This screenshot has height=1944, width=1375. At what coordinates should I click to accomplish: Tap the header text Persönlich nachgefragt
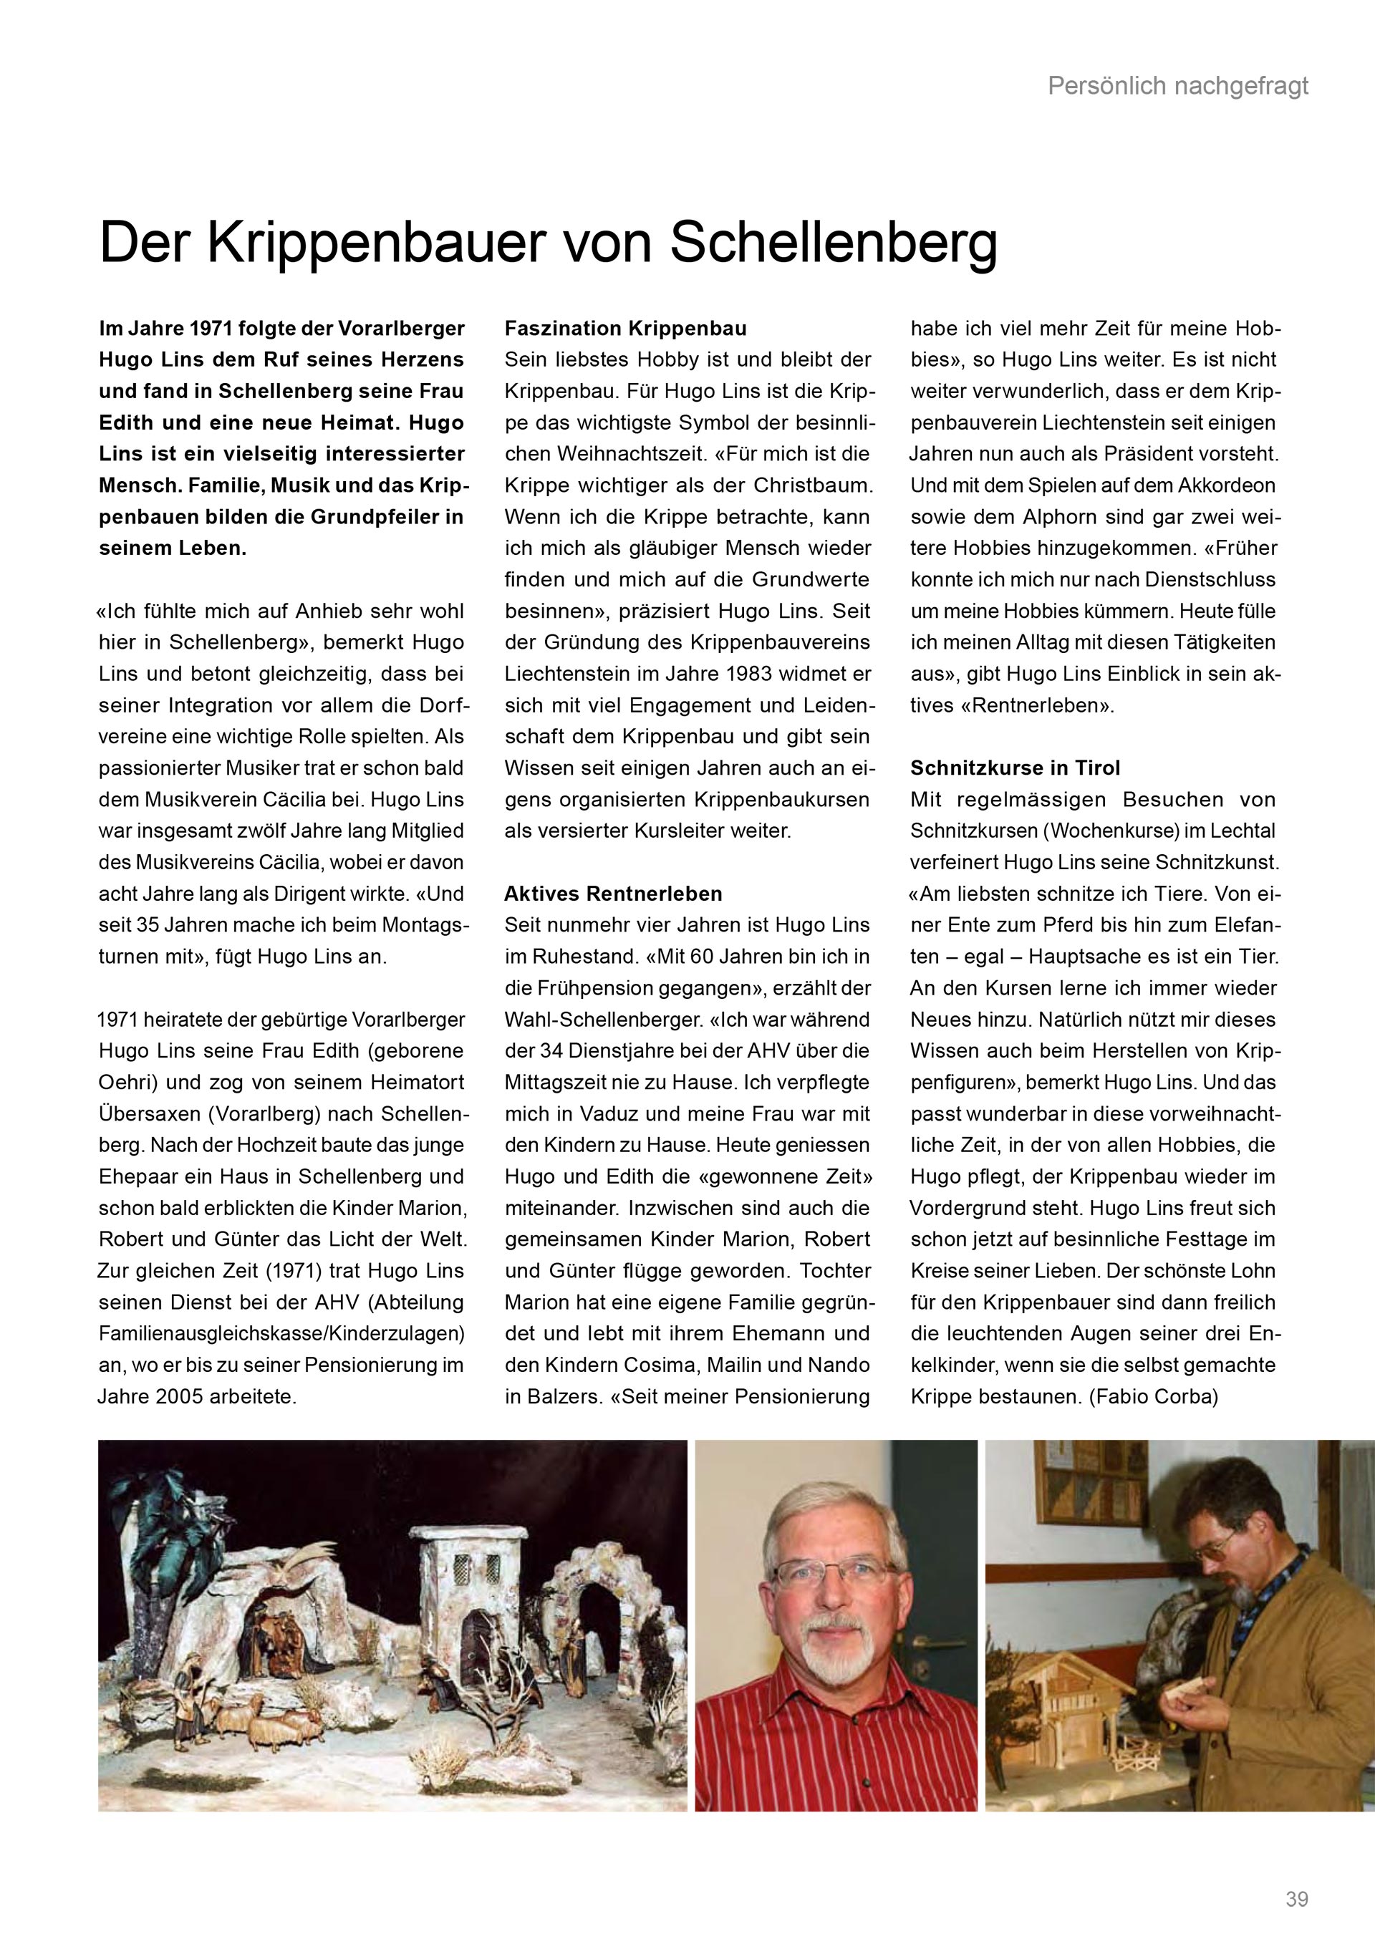click(x=1178, y=85)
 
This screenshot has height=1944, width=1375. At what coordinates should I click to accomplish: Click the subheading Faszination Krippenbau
click(x=626, y=329)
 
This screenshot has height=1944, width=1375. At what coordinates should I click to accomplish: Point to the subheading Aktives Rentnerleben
click(x=613, y=894)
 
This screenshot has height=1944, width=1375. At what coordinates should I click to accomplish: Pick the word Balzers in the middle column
click(x=556, y=1397)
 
